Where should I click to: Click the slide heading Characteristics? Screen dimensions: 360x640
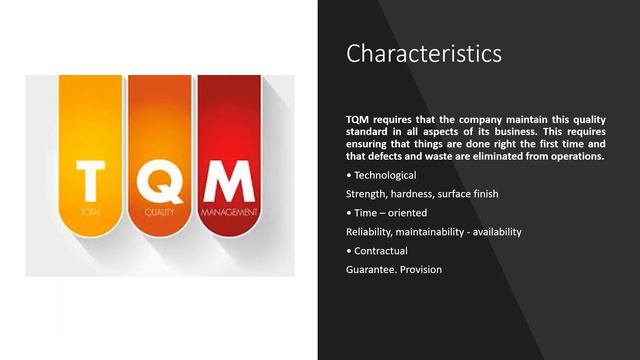424,53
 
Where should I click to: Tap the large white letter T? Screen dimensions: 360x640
89,182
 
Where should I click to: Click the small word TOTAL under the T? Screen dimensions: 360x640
90,212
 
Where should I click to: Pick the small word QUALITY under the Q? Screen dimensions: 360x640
159,212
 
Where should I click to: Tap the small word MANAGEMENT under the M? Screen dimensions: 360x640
229,212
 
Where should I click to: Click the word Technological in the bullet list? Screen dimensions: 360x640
385,175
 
